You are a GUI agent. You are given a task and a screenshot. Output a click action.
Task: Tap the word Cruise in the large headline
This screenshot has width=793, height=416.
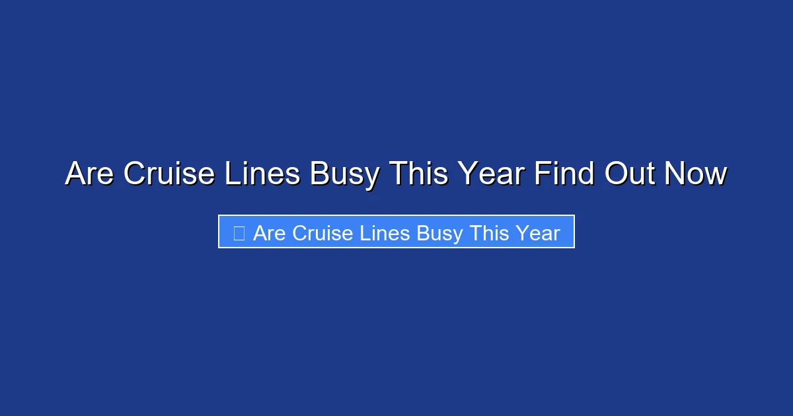[x=169, y=174]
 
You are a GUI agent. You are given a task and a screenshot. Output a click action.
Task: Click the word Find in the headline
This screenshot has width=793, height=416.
[x=564, y=174]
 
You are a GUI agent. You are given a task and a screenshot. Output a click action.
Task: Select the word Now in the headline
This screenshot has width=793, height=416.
[x=696, y=174]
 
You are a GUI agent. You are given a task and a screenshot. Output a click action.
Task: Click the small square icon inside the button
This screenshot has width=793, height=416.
[x=239, y=232]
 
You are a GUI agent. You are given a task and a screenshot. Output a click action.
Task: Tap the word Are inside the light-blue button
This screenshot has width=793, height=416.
[x=270, y=233]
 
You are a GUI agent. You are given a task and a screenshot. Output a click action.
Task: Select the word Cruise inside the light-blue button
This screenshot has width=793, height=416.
[x=323, y=233]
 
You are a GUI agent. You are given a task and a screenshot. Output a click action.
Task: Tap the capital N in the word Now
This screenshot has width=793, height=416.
[x=675, y=174]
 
